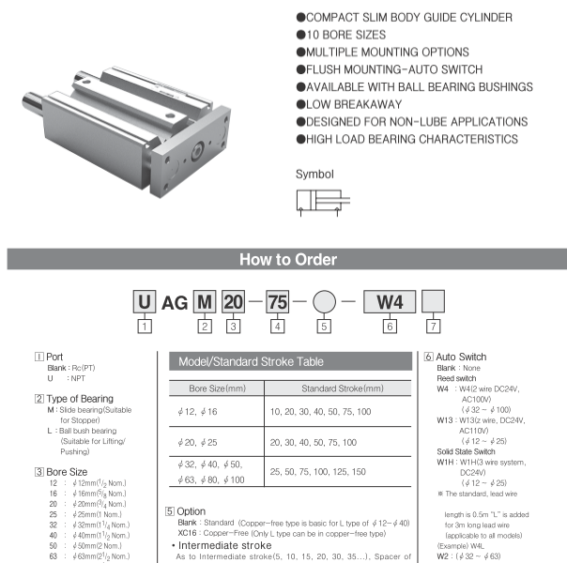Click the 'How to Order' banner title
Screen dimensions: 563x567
click(x=283, y=260)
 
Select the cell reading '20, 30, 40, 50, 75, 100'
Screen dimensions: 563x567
click(x=322, y=440)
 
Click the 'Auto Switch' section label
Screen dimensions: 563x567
click(x=463, y=358)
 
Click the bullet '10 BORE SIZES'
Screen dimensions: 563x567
click(x=340, y=35)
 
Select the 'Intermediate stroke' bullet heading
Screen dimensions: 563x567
click(x=218, y=542)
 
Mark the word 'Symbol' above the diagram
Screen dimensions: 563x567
click(x=314, y=174)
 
